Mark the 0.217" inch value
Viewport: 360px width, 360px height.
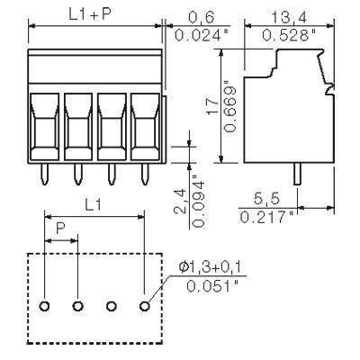click(x=267, y=218)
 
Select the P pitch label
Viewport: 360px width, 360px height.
click(x=61, y=229)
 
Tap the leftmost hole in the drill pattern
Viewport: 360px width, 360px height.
click(x=45, y=307)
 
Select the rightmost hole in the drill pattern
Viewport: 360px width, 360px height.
click(x=144, y=307)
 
